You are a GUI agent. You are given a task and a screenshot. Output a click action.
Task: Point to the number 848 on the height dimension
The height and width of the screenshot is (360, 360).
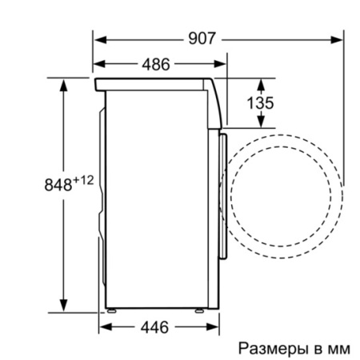tap(56, 184)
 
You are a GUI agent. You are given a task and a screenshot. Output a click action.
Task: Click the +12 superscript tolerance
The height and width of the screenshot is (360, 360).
tap(83, 180)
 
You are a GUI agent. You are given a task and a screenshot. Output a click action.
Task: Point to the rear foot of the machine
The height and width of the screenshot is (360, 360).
tap(113, 310)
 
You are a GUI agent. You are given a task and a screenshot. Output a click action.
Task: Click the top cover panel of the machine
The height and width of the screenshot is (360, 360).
tap(152, 82)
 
